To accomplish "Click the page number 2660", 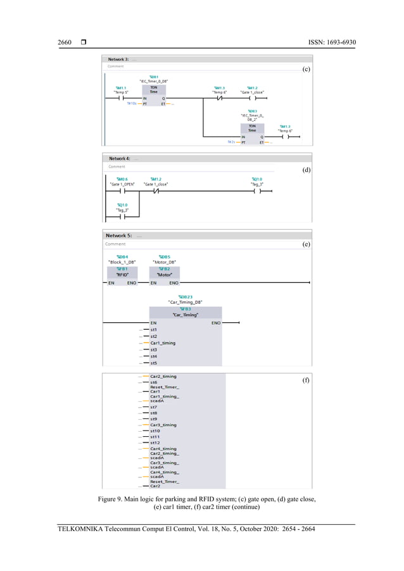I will point(65,42).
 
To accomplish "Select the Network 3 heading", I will point(118,59).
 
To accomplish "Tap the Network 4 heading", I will point(120,158).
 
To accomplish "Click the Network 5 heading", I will point(119,235).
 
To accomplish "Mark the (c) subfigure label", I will point(306,69).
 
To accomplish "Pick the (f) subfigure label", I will point(306,381).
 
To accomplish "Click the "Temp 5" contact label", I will point(121,92).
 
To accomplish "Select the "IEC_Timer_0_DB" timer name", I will point(153,81).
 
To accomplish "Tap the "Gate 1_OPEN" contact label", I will point(122,184).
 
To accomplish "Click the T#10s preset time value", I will point(132,103).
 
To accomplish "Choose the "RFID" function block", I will point(122,275).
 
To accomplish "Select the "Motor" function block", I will point(164,275).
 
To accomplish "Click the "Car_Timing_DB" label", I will point(185,303).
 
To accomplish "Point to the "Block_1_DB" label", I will point(122,262).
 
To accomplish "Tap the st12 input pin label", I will point(155,442).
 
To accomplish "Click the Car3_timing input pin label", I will point(163,425).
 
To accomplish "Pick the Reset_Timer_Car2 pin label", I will point(164,484).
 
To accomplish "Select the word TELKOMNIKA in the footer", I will point(80,529).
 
